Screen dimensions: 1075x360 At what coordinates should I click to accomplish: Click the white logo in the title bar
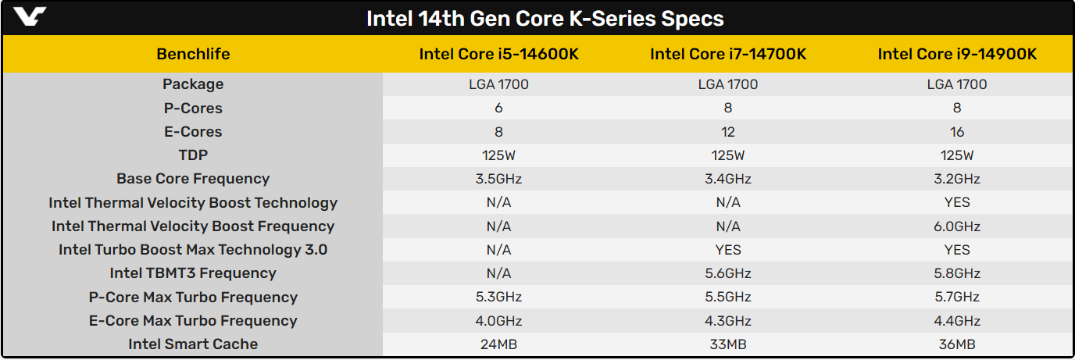point(29,16)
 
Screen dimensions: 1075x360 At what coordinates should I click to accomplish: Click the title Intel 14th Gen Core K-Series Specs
point(545,19)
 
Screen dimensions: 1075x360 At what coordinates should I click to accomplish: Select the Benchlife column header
point(193,54)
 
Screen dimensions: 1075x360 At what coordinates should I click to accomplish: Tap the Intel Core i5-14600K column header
point(498,54)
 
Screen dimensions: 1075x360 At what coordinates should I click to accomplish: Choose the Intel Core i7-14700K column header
point(728,54)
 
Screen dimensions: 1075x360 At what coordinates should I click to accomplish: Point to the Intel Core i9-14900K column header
point(957,54)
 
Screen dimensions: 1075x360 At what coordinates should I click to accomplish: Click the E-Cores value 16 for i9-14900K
point(957,131)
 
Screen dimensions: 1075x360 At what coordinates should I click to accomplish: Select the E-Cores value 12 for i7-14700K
point(728,131)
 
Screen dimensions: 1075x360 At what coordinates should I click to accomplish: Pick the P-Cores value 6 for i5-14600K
point(498,108)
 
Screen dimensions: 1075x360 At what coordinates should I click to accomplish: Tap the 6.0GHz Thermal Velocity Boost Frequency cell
point(957,226)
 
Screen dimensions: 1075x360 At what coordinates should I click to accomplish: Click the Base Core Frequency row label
point(193,179)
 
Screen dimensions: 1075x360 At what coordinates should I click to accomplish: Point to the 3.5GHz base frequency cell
point(498,179)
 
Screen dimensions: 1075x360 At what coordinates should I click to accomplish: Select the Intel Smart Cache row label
point(193,344)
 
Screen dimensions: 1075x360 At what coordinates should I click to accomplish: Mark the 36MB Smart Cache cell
point(957,344)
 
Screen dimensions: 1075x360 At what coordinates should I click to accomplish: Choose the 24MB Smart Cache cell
point(498,344)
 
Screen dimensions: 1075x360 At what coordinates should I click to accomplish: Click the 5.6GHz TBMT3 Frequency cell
point(728,273)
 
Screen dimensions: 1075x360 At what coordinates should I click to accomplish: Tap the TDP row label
point(193,155)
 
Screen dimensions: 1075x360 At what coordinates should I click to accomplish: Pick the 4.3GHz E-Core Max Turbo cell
point(728,321)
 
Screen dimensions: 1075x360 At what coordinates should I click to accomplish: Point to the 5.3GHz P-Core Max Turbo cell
point(498,297)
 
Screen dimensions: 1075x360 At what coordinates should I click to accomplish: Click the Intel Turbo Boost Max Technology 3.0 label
point(193,250)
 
